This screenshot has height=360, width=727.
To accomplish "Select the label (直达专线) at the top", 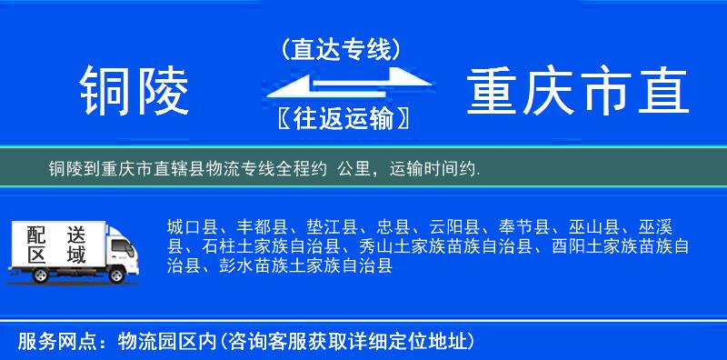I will pos(341,50).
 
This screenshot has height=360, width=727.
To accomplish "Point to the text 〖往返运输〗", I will pos(341,118).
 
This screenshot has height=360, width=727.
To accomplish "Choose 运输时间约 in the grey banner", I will pos(435,169).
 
